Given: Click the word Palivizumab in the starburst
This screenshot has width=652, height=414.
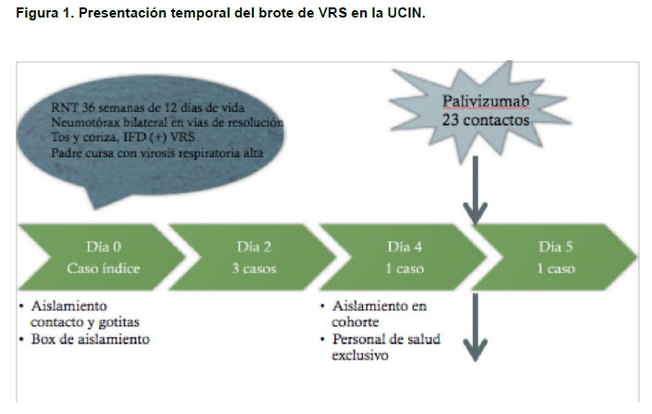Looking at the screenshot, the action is [486, 101].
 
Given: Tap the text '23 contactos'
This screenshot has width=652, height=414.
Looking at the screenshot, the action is [485, 120].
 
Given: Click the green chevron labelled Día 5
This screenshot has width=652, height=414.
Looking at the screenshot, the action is [555, 257].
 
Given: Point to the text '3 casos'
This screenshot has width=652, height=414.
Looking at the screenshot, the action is [254, 268].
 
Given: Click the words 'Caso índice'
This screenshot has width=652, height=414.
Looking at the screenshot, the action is [103, 268].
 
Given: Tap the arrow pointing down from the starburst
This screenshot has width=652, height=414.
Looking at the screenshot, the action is [476, 190].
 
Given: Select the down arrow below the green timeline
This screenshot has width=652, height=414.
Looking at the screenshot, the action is [476, 327].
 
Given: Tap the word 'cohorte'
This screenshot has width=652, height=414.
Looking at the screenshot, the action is [356, 322].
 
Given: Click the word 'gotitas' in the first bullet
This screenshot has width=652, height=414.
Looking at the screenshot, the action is [119, 323].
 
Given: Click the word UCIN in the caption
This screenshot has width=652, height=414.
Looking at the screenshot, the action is [406, 13].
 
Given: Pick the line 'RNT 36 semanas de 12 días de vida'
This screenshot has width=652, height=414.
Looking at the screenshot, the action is [148, 107].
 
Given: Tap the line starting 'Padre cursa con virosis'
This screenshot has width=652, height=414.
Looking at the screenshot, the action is [157, 153].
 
